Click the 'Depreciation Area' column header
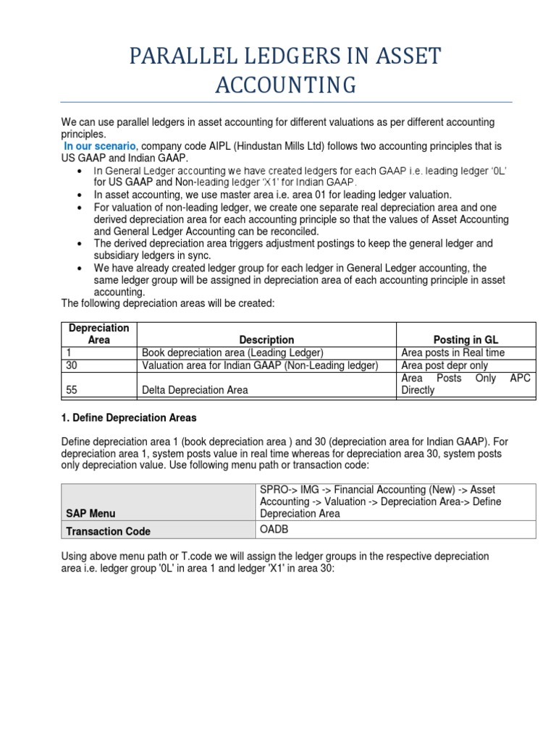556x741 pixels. (x=98, y=334)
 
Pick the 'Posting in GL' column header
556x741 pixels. (x=466, y=339)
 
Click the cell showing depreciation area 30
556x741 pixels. (x=72, y=365)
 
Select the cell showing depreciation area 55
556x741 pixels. (x=72, y=390)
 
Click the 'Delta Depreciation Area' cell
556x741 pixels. (x=195, y=390)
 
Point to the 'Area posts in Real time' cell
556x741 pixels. (x=452, y=352)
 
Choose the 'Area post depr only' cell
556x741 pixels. (x=445, y=365)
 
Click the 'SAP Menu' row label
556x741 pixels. (x=90, y=513)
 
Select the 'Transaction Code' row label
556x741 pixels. (x=108, y=531)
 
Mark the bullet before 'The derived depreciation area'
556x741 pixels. (x=78, y=244)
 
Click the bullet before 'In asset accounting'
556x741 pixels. (x=78, y=195)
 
